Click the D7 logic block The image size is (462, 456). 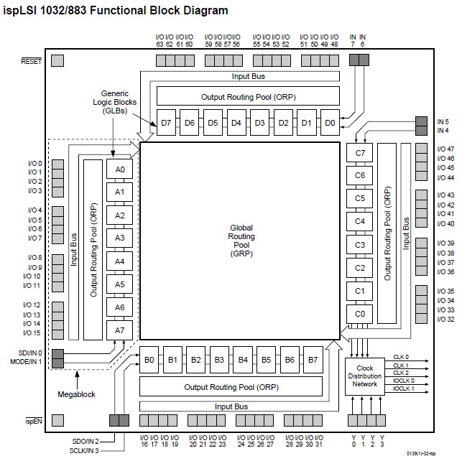tap(167, 123)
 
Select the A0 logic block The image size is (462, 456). tap(120, 169)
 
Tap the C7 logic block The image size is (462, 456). tap(360, 153)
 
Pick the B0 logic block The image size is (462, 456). tap(149, 359)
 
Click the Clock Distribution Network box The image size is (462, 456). tap(364, 374)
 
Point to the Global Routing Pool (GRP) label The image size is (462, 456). tap(241, 240)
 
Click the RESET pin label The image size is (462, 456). tap(32, 62)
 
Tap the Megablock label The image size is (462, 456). tap(76, 394)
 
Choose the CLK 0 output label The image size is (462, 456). tap(401, 357)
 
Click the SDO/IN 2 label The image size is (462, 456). tap(86, 440)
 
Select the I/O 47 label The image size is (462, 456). tap(445, 149)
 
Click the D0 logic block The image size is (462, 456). tap(330, 123)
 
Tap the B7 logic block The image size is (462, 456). tap(313, 359)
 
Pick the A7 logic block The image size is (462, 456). tap(120, 330)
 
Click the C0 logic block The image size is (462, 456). tap(360, 314)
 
